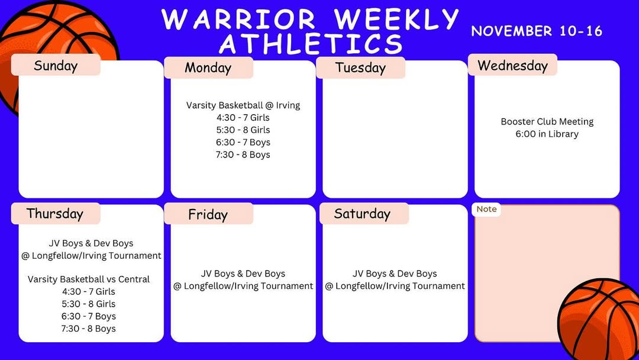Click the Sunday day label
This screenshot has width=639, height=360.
(x=56, y=65)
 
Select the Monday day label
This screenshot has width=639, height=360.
(x=208, y=67)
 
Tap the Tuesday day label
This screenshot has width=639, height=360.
(x=360, y=67)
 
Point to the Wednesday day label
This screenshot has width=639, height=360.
(x=512, y=65)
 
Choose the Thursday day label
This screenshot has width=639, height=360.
(x=54, y=214)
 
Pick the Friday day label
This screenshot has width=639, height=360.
(x=208, y=214)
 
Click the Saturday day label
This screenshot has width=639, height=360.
(x=362, y=214)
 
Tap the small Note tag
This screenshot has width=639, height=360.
(x=486, y=209)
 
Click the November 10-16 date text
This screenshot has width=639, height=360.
(x=537, y=31)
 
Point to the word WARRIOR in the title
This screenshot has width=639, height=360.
(x=238, y=19)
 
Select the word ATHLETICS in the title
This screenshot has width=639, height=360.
(x=311, y=44)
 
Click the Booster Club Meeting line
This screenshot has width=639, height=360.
(x=547, y=121)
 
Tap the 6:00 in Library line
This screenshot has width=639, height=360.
(x=547, y=134)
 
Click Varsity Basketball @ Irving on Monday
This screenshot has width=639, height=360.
(x=243, y=105)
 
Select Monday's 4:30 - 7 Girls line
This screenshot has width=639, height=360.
(x=243, y=117)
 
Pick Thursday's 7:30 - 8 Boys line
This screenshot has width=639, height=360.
(x=88, y=329)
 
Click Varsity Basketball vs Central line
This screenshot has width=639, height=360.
(x=88, y=279)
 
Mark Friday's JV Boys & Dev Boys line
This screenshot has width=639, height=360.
(x=243, y=274)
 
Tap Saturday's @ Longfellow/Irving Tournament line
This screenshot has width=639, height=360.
(x=395, y=286)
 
